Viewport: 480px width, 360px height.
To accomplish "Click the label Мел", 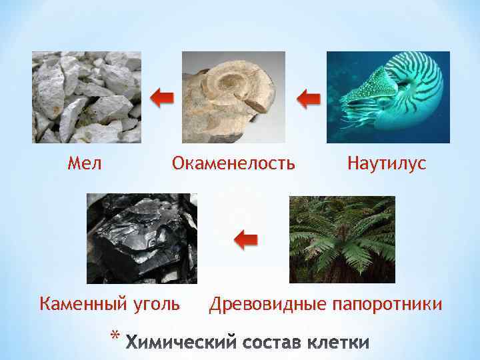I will click(x=85, y=163).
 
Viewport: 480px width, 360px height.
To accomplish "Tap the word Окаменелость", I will click(x=233, y=163).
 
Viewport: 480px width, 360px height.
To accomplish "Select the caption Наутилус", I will click(x=387, y=163).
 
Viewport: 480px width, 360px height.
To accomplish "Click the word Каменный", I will click(x=81, y=305).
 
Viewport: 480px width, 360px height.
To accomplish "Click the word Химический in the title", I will click(x=179, y=343).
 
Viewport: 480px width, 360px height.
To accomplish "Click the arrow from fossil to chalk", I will click(x=161, y=99).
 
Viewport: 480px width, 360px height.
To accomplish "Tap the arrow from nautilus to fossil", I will click(x=307, y=100).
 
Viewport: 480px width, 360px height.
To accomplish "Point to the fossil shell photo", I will click(x=233, y=97).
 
